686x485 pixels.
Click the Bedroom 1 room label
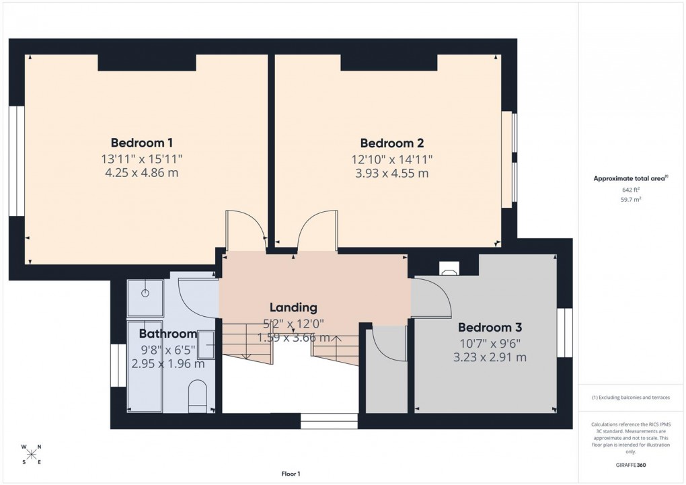click(x=142, y=143)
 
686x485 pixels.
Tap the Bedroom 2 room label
click(x=391, y=143)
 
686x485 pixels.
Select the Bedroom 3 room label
click(x=490, y=328)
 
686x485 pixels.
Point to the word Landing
click(x=289, y=307)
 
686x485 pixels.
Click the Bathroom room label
click(x=167, y=334)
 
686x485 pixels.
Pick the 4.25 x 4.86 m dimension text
click(x=142, y=173)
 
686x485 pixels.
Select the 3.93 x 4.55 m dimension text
click(x=391, y=173)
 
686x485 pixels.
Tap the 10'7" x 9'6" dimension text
click(x=490, y=342)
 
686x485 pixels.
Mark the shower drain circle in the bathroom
click(x=145, y=293)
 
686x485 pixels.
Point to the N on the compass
click(x=39, y=447)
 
